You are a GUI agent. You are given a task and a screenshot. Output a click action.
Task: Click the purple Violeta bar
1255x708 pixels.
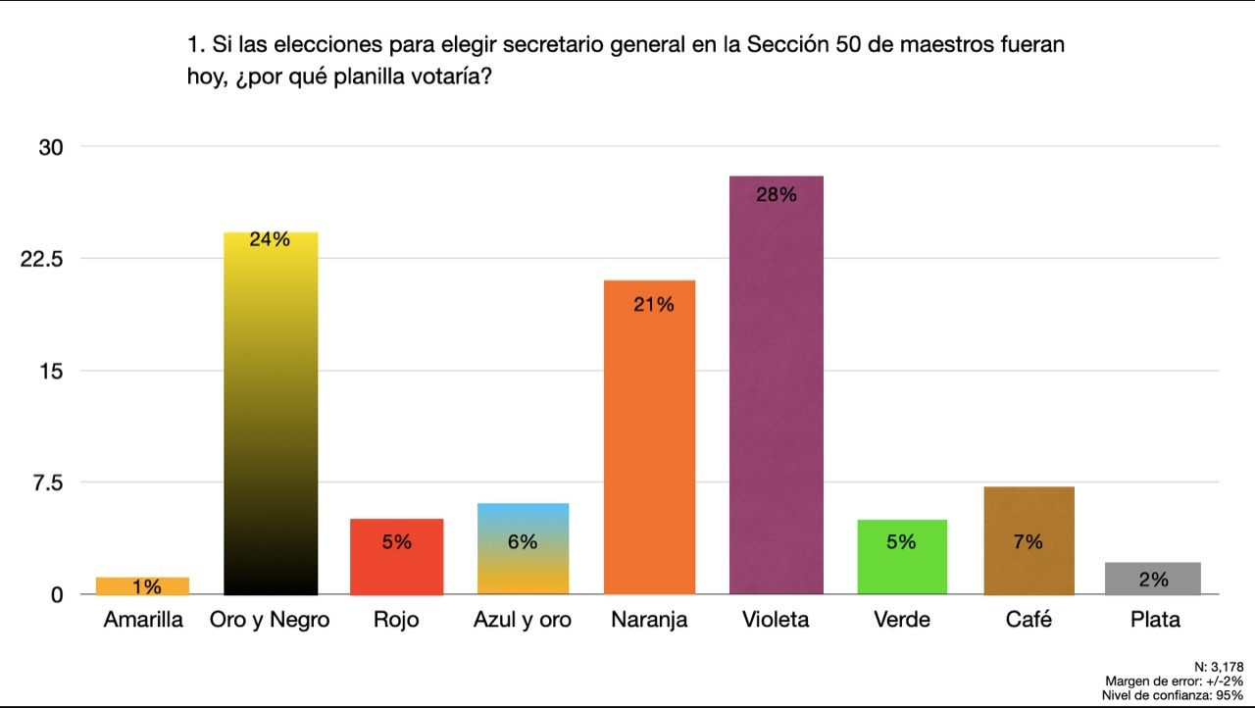tap(777, 392)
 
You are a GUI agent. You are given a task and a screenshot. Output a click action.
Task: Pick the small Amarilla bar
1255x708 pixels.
tap(142, 585)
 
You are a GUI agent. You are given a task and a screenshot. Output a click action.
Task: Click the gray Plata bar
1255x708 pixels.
tap(1152, 579)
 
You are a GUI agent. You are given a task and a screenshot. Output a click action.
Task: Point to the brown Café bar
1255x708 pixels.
tap(1028, 540)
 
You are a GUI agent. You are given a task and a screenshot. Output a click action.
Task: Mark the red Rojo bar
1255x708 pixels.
tap(396, 556)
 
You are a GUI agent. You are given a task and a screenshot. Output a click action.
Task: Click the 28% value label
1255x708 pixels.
tap(777, 194)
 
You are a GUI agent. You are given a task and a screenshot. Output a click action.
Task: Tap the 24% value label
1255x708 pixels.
tap(270, 238)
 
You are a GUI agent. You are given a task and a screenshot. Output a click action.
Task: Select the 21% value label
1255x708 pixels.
tap(653, 305)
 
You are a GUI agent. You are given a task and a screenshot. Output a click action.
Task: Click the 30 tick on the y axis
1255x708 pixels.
tap(50, 147)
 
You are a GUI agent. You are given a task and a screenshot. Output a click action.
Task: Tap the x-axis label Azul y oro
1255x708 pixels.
tap(522, 620)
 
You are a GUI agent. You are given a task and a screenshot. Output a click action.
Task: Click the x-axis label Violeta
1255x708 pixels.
tap(777, 620)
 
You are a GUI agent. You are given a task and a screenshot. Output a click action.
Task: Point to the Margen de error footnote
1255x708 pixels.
tap(1174, 681)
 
